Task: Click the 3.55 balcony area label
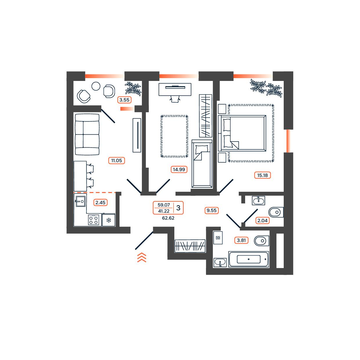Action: pyautogui.click(x=124, y=100)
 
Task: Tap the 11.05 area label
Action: pyautogui.click(x=116, y=160)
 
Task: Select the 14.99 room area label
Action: pyautogui.click(x=179, y=169)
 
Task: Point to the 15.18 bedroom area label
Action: pyautogui.click(x=262, y=175)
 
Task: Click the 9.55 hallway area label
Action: pyautogui.click(x=211, y=210)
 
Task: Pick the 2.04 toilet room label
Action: pyautogui.click(x=262, y=220)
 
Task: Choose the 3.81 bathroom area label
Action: pyautogui.click(x=241, y=240)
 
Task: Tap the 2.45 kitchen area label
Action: pyautogui.click(x=100, y=202)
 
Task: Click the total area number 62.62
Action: pyautogui.click(x=168, y=218)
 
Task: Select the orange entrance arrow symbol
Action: pyautogui.click(x=142, y=257)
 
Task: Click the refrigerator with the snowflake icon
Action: pyautogui.click(x=108, y=220)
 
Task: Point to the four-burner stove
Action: pyautogui.click(x=94, y=220)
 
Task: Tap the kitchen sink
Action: pyautogui.click(x=81, y=201)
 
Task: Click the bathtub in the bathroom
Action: pyautogui.click(x=249, y=259)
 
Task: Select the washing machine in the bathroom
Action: pyautogui.click(x=218, y=238)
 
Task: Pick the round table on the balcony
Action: pyautogui.click(x=96, y=86)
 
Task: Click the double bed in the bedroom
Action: pyautogui.click(x=242, y=133)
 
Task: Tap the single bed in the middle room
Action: pyautogui.click(x=202, y=164)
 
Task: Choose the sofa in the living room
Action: pyautogui.click(x=87, y=135)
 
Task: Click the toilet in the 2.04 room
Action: pyautogui.click(x=276, y=212)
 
